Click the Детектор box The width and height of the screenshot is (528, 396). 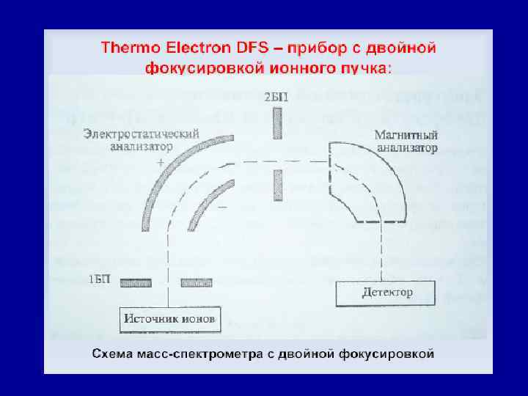click(386, 293)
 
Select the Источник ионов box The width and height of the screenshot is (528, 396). click(169, 319)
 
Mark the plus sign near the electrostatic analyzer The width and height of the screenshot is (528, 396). click(161, 164)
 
